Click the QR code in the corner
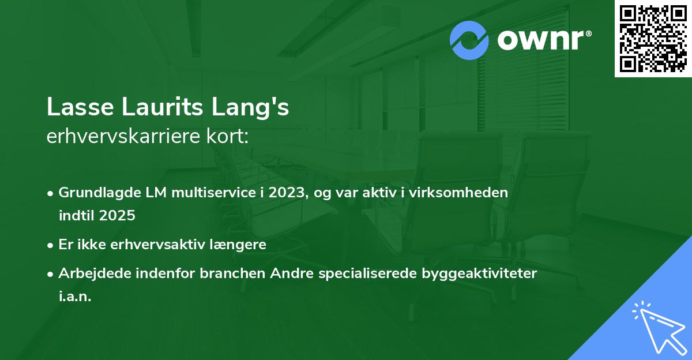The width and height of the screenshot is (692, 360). pyautogui.click(x=653, y=39)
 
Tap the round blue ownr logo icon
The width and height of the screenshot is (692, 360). pyautogui.click(x=469, y=40)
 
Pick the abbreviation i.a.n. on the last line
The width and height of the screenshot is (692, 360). pyautogui.click(x=75, y=297)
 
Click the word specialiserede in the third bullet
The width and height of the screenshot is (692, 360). pyautogui.click(x=363, y=273)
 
